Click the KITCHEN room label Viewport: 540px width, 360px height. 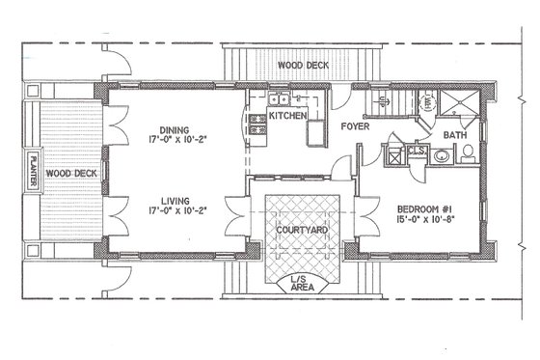pos(287,116)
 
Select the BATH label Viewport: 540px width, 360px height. pos(454,136)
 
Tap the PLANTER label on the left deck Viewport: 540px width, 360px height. pos(35,173)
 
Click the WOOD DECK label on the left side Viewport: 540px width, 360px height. pos(70,173)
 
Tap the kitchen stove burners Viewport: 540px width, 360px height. pos(257,123)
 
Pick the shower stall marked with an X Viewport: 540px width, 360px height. pos(453,102)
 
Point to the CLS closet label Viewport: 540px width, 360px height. pos(420,150)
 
